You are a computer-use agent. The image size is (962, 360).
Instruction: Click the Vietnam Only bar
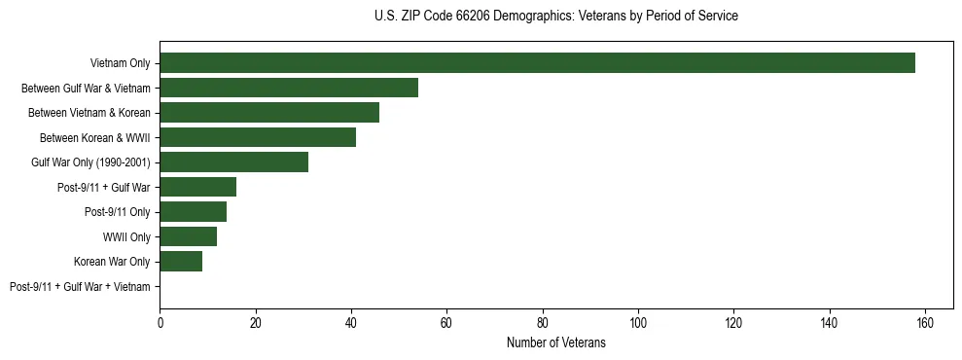537,63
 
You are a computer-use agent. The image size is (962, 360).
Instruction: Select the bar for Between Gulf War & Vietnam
289,88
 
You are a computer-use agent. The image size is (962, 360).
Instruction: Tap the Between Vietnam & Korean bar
269,113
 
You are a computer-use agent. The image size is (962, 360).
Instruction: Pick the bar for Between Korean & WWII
258,137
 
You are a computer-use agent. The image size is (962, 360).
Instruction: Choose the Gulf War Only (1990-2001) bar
233,162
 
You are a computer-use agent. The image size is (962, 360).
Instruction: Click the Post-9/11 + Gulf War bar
197,187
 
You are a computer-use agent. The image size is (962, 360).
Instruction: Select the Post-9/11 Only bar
193,212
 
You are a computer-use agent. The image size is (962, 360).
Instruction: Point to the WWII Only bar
188,236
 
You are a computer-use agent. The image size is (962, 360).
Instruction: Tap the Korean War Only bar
181,262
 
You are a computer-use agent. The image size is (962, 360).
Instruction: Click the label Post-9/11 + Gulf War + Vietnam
80,287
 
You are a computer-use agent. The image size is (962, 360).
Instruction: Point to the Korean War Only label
112,262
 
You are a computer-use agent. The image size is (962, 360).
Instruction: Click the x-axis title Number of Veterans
556,343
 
